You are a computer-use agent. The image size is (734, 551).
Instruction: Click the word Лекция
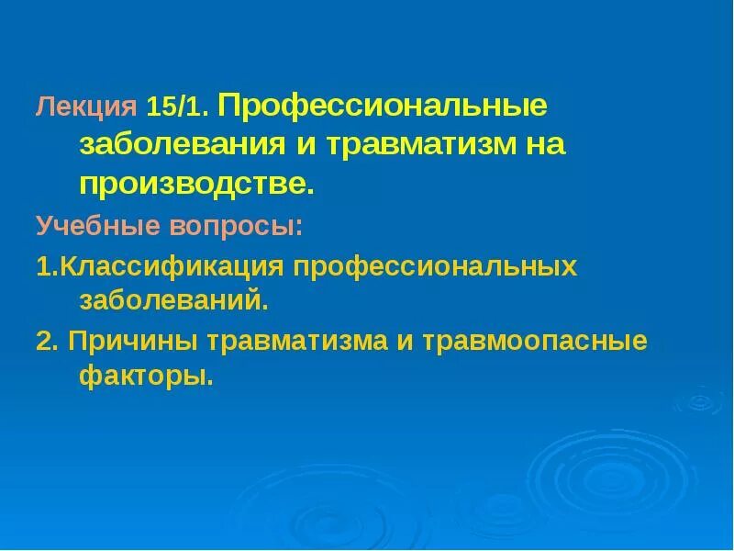point(86,108)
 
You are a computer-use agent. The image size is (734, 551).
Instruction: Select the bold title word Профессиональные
point(383,107)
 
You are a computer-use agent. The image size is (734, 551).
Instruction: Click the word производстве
point(196,184)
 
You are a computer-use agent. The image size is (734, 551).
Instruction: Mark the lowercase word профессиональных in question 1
point(434,267)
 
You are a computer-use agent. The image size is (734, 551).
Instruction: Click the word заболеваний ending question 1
point(174,300)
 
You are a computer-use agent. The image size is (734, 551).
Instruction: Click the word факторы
point(146,376)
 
